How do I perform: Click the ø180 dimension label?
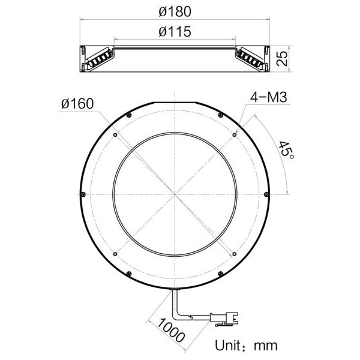(175, 11)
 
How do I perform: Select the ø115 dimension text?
(175, 32)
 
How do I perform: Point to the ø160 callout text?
(77, 103)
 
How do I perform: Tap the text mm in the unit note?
(266, 346)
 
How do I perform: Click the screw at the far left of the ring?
(82, 194)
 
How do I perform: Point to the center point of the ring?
(175, 194)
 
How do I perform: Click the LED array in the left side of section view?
(98, 58)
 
